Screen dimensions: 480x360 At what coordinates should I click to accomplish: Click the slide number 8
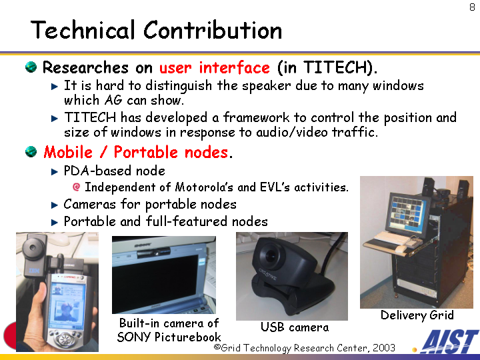473,7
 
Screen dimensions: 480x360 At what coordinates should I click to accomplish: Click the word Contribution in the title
213,30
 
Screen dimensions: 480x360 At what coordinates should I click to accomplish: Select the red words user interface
214,67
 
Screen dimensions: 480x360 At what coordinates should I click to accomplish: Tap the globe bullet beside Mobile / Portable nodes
31,151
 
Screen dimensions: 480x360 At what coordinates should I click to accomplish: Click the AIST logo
449,341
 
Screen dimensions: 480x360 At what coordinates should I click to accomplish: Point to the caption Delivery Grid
417,315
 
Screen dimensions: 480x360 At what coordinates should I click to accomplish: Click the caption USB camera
295,327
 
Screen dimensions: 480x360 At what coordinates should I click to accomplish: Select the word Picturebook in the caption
187,337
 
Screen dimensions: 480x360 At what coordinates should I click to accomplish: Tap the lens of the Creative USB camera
271,255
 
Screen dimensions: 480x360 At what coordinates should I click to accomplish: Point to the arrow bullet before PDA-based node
55,172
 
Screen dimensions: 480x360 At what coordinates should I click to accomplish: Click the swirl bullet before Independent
77,187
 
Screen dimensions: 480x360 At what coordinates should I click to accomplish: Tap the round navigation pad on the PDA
64,339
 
